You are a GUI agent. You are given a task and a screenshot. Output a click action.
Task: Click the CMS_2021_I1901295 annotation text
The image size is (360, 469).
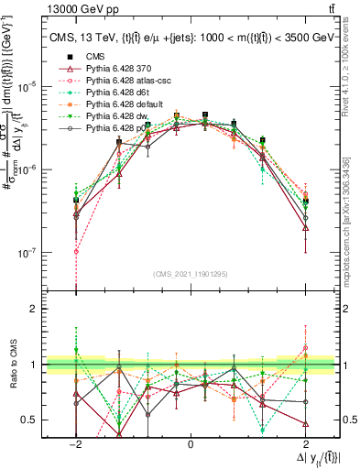(190, 274)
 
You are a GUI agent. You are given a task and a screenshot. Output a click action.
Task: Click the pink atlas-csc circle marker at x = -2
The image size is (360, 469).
(76, 251)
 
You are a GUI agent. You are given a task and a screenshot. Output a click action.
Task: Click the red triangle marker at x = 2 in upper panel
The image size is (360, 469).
(305, 228)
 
